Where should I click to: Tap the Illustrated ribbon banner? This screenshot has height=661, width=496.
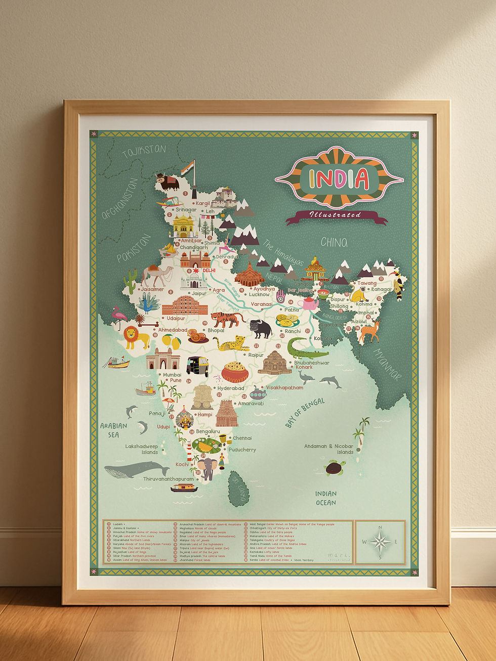click(x=336, y=215)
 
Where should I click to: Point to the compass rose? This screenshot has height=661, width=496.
click(x=380, y=542)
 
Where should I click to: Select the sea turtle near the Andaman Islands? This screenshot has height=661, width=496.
click(x=335, y=468)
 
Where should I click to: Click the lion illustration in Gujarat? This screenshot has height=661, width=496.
click(x=135, y=337)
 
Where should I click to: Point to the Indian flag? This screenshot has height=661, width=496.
click(x=188, y=167)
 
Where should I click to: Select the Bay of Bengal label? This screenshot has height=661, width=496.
click(x=305, y=413)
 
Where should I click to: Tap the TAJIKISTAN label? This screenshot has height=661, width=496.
click(x=144, y=151)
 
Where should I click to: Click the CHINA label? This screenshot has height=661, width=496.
click(x=334, y=243)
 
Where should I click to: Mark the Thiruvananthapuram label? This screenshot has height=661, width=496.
click(x=169, y=478)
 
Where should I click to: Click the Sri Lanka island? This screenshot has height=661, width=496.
click(x=238, y=489)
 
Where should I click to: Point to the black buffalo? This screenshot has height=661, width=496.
click(x=260, y=328)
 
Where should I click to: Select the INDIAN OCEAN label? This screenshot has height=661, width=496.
click(x=326, y=498)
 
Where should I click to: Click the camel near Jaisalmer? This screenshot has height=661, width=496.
click(x=155, y=276)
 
